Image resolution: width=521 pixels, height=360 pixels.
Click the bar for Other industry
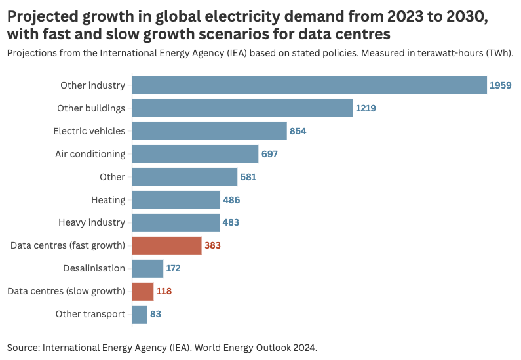coord(309,85)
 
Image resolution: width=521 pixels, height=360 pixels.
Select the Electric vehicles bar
coord(210,131)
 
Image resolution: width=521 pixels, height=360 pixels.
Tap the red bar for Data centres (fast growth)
coord(166,246)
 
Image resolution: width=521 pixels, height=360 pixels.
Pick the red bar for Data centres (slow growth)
coord(143,291)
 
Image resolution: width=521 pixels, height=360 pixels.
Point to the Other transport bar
coord(140,314)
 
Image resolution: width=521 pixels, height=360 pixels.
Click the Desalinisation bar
coord(147,268)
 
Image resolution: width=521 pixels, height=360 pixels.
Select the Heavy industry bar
coord(176,222)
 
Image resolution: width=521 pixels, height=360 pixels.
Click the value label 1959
coord(501,85)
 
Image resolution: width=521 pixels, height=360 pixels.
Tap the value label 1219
coord(366,108)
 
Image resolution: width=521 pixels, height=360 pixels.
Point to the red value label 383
coord(212,246)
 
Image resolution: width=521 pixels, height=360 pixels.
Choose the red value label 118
coord(164,291)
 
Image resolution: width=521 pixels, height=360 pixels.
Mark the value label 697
coord(270,154)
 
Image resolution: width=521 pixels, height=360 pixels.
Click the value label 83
coord(155,314)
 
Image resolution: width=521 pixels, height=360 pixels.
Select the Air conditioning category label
coord(90,154)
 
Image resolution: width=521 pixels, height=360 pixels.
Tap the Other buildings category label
coord(91,108)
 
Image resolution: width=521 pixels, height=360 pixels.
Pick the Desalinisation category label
coord(94,268)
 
